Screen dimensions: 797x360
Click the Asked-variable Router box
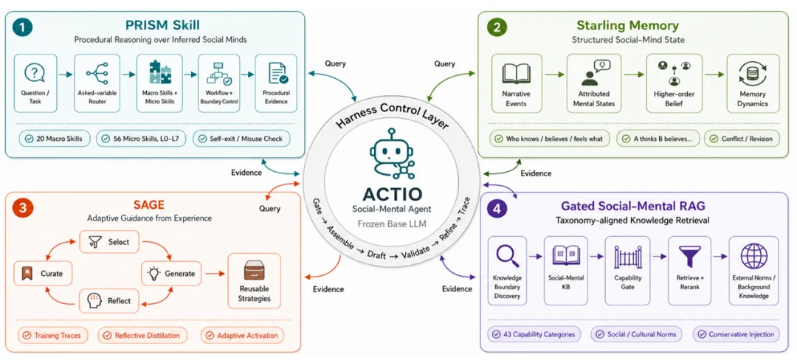(97, 83)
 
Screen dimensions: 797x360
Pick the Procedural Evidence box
(277, 83)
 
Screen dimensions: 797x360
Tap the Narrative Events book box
(517, 83)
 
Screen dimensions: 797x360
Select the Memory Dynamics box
(753, 83)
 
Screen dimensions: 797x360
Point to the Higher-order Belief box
(674, 83)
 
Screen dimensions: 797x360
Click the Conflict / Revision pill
(742, 139)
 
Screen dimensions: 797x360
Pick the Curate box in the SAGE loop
(44, 274)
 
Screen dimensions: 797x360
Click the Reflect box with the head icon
(109, 300)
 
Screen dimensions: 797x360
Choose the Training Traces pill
(52, 336)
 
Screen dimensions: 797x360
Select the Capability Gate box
(628, 271)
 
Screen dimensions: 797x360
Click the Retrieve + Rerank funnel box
(690, 271)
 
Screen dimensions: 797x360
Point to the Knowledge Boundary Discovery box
(507, 271)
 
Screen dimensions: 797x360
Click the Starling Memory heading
(628, 25)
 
